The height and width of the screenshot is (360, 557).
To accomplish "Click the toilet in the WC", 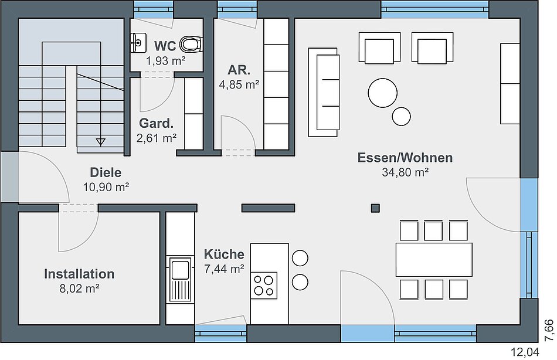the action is click(x=191, y=44).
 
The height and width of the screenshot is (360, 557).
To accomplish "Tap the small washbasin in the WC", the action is click(x=138, y=43).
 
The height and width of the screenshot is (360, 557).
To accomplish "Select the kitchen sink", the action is click(x=180, y=279).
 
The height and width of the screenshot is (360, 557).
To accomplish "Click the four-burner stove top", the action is click(x=264, y=286).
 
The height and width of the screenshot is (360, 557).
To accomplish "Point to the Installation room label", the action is click(x=79, y=274).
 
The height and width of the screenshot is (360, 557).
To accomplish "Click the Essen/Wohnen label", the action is click(x=405, y=158).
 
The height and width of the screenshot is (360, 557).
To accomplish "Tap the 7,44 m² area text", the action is click(x=224, y=269).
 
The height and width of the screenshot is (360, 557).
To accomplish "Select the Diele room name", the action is click(x=106, y=172).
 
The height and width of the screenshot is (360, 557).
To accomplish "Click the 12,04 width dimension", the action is click(x=525, y=352).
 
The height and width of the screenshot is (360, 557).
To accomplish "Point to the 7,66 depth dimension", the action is click(x=549, y=330).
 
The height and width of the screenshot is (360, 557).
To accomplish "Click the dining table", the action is click(x=434, y=260).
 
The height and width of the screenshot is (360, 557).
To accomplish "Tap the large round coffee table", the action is click(x=383, y=93).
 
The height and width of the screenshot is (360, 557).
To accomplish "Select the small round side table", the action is click(x=402, y=116).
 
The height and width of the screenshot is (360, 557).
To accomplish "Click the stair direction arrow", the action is click(x=100, y=142).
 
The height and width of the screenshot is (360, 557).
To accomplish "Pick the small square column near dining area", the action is click(x=375, y=208).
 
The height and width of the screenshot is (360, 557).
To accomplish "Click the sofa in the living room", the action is click(x=323, y=93).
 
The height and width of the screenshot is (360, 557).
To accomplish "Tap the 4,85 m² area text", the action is click(x=239, y=85).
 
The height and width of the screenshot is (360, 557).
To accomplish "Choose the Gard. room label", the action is click(x=157, y=123).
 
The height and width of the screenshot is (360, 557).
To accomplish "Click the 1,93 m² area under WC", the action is click(x=165, y=61).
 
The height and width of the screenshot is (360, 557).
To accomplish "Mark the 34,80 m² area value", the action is click(x=405, y=172).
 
